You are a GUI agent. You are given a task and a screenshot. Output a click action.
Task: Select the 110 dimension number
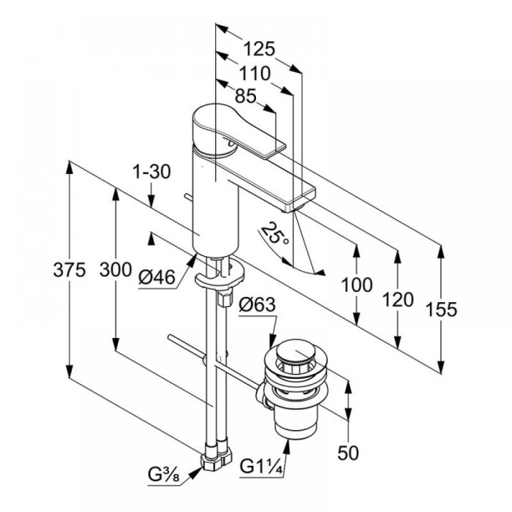[x=255, y=73]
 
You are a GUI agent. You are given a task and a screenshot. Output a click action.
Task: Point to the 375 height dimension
[x=69, y=269]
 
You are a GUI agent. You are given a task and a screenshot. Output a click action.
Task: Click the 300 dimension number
[x=114, y=269]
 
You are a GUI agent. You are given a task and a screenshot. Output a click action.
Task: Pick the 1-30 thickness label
[x=152, y=171]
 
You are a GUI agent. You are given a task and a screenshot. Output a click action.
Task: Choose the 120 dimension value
[x=397, y=298]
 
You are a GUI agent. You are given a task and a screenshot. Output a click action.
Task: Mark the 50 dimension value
[x=350, y=453]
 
